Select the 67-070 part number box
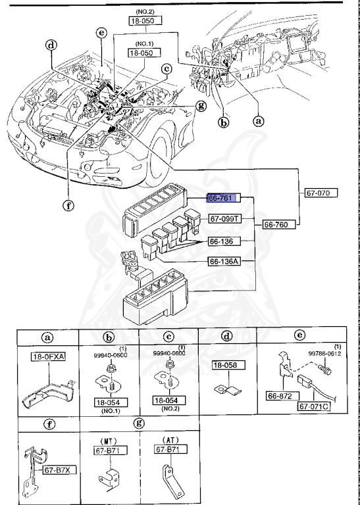[321, 193]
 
